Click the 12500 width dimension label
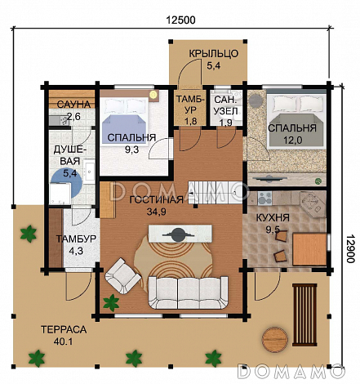(180, 20)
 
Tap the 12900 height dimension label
(351, 248)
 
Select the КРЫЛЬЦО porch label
(214, 54)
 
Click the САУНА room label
(73, 105)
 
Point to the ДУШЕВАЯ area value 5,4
(70, 173)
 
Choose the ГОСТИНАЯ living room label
(157, 200)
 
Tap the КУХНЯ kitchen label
(273, 218)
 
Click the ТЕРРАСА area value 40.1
(63, 342)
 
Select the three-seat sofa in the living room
(188, 292)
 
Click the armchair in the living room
(122, 276)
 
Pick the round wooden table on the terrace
(275, 339)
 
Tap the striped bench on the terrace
(304, 315)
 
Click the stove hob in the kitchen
(264, 199)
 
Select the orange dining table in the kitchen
(309, 249)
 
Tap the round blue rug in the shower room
(67, 183)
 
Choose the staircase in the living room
(215, 192)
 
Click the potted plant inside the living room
(111, 303)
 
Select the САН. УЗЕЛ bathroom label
(226, 105)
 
